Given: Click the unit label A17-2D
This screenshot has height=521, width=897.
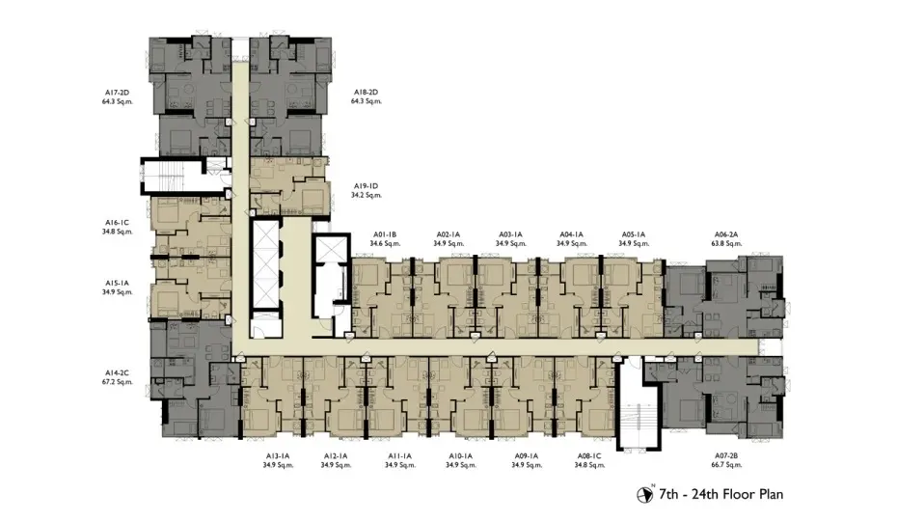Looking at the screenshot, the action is coord(117,93).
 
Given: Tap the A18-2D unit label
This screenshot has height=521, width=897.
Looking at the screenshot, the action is coord(366,93).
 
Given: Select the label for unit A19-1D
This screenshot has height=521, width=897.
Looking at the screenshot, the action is coord(366,186).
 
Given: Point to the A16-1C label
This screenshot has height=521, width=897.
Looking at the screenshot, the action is coord(117,223).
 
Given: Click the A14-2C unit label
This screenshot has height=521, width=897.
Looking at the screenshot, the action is coord(117,372).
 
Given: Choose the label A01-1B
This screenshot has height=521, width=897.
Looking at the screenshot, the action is coord(385,234).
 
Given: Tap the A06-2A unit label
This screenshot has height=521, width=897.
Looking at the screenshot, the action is coord(726,234).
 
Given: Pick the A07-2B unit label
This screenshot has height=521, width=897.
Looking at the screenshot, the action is coord(726,456).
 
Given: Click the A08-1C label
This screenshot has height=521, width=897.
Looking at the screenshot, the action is coord(589,456).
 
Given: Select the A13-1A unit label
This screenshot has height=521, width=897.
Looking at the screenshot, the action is coord(278,456).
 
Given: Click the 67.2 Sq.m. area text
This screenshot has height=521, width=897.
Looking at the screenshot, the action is coord(117,382).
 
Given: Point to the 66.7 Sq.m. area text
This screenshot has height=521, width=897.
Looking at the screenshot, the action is coord(726,465).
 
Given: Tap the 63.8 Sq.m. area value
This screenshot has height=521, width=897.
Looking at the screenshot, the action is coord(726,244).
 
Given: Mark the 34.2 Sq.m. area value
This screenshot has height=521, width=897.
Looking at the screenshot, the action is coord(366,195).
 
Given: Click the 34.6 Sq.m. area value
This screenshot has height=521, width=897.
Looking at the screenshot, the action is coord(385,244).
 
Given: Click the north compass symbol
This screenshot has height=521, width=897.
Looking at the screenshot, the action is coord(644,494).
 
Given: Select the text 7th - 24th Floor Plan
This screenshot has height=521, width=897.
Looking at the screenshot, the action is coord(720,494).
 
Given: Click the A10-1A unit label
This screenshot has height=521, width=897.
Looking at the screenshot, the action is coord(460,456).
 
